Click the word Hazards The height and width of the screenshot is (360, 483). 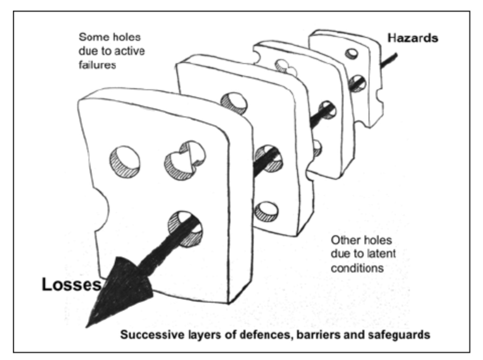point(413,39)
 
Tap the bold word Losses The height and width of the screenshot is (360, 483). point(71,285)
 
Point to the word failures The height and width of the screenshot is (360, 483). point(97,64)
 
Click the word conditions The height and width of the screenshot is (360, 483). point(357,268)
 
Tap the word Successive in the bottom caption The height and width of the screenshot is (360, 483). point(150,335)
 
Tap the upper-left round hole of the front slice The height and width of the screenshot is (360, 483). point(125,162)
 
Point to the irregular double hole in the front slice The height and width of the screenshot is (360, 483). point(185,160)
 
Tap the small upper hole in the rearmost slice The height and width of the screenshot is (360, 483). point(352,53)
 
